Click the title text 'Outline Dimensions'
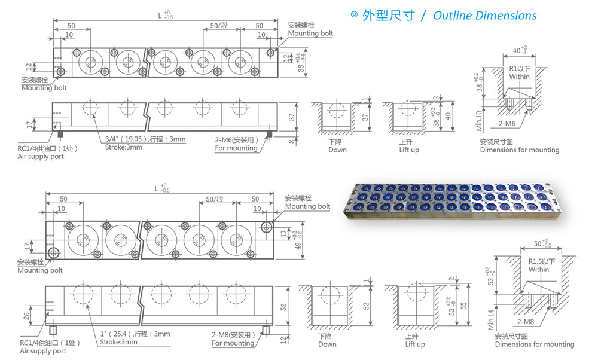click(x=485, y=16)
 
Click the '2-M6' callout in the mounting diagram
click(x=507, y=124)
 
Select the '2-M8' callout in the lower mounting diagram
click(x=526, y=322)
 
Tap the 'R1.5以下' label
click(x=542, y=261)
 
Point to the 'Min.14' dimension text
click(x=491, y=319)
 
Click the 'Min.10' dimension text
click(x=479, y=121)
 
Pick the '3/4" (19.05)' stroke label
click(x=126, y=139)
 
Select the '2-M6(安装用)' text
click(x=236, y=140)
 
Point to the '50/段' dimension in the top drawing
click(x=219, y=26)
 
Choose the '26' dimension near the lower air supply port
click(x=26, y=316)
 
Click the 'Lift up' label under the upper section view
click(x=409, y=150)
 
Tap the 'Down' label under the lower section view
click(x=327, y=344)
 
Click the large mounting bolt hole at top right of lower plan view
click(x=266, y=228)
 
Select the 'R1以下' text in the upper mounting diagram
click(x=520, y=69)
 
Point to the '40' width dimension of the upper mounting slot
click(x=517, y=51)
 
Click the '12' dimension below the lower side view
click(x=283, y=340)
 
